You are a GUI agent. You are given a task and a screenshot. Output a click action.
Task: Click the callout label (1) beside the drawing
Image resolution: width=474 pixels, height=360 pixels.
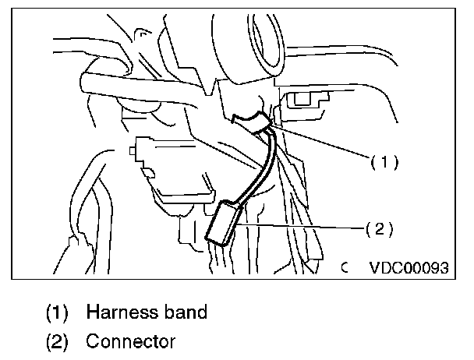click(x=384, y=162)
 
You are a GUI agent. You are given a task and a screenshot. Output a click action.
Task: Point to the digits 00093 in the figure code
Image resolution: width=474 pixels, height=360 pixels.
click(x=425, y=269)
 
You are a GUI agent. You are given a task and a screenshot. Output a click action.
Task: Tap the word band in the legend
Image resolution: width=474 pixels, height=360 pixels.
click(x=187, y=312)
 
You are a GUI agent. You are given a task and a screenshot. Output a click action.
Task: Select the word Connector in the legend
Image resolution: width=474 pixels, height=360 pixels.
click(x=131, y=341)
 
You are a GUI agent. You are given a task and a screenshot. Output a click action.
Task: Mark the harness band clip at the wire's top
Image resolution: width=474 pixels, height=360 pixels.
click(x=253, y=121)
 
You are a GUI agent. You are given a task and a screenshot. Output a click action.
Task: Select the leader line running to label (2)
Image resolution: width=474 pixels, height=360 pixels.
click(x=304, y=227)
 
